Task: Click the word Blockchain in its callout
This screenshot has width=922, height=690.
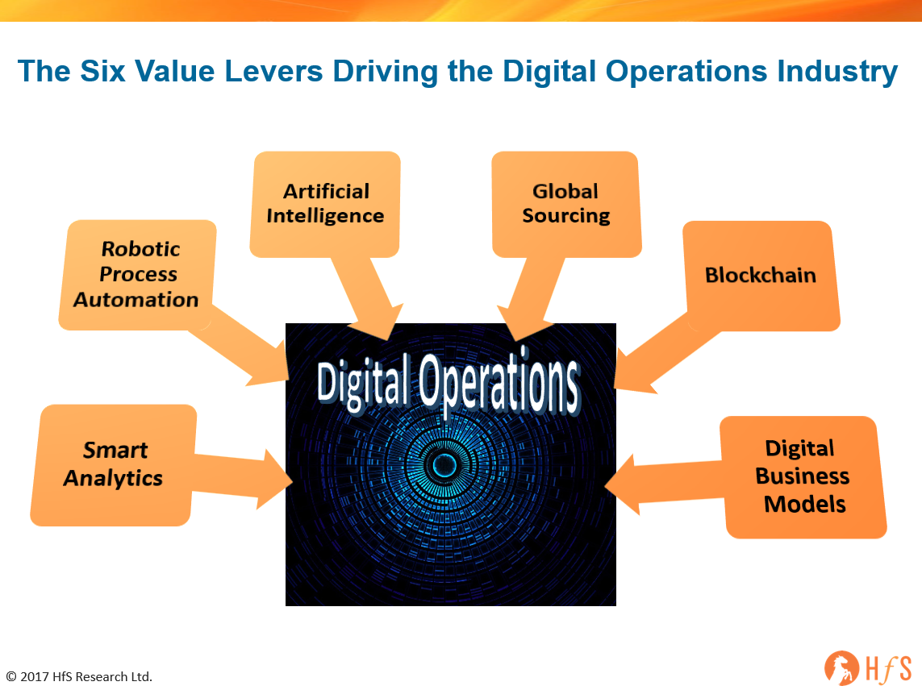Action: point(760,275)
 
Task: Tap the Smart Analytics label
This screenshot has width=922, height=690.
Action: point(114,463)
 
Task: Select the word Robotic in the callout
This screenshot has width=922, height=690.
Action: point(140,248)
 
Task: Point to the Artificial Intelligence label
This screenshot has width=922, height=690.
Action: point(325,203)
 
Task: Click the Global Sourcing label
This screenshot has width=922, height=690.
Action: point(565,203)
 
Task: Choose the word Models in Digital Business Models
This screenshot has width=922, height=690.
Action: point(804,505)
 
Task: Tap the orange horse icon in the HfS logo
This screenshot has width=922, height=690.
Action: point(840,667)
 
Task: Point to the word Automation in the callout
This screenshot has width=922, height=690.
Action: point(136,299)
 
